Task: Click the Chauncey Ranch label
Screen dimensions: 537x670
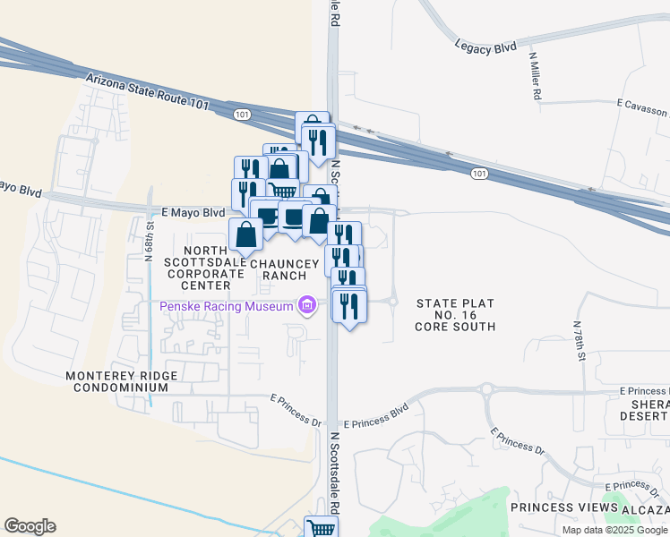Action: [x=285, y=269]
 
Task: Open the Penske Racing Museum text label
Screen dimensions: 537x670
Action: [x=227, y=307]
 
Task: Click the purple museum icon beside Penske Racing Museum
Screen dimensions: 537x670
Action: [x=307, y=307]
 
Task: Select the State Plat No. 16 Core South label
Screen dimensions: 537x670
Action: [x=455, y=315]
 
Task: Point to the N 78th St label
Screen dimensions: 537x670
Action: [x=580, y=345]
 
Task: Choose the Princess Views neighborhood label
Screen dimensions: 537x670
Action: [x=564, y=507]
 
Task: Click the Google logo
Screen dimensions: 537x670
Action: [x=30, y=526]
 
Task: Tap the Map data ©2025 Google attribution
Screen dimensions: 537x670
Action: [x=615, y=530]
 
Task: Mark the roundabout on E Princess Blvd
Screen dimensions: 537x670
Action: [x=486, y=389]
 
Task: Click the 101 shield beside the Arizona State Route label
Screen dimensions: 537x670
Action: [x=242, y=115]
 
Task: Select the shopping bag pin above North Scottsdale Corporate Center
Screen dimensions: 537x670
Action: [x=246, y=234]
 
